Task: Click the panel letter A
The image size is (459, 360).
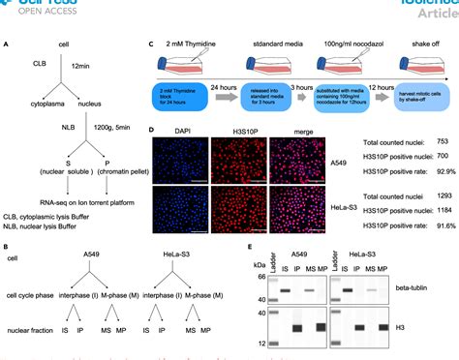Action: tap(8, 44)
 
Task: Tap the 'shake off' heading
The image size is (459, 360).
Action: tap(414, 43)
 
